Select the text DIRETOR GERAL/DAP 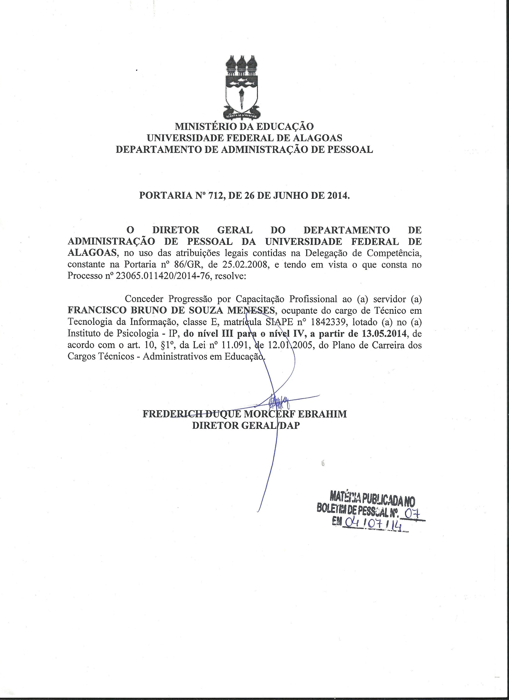tap(246, 426)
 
